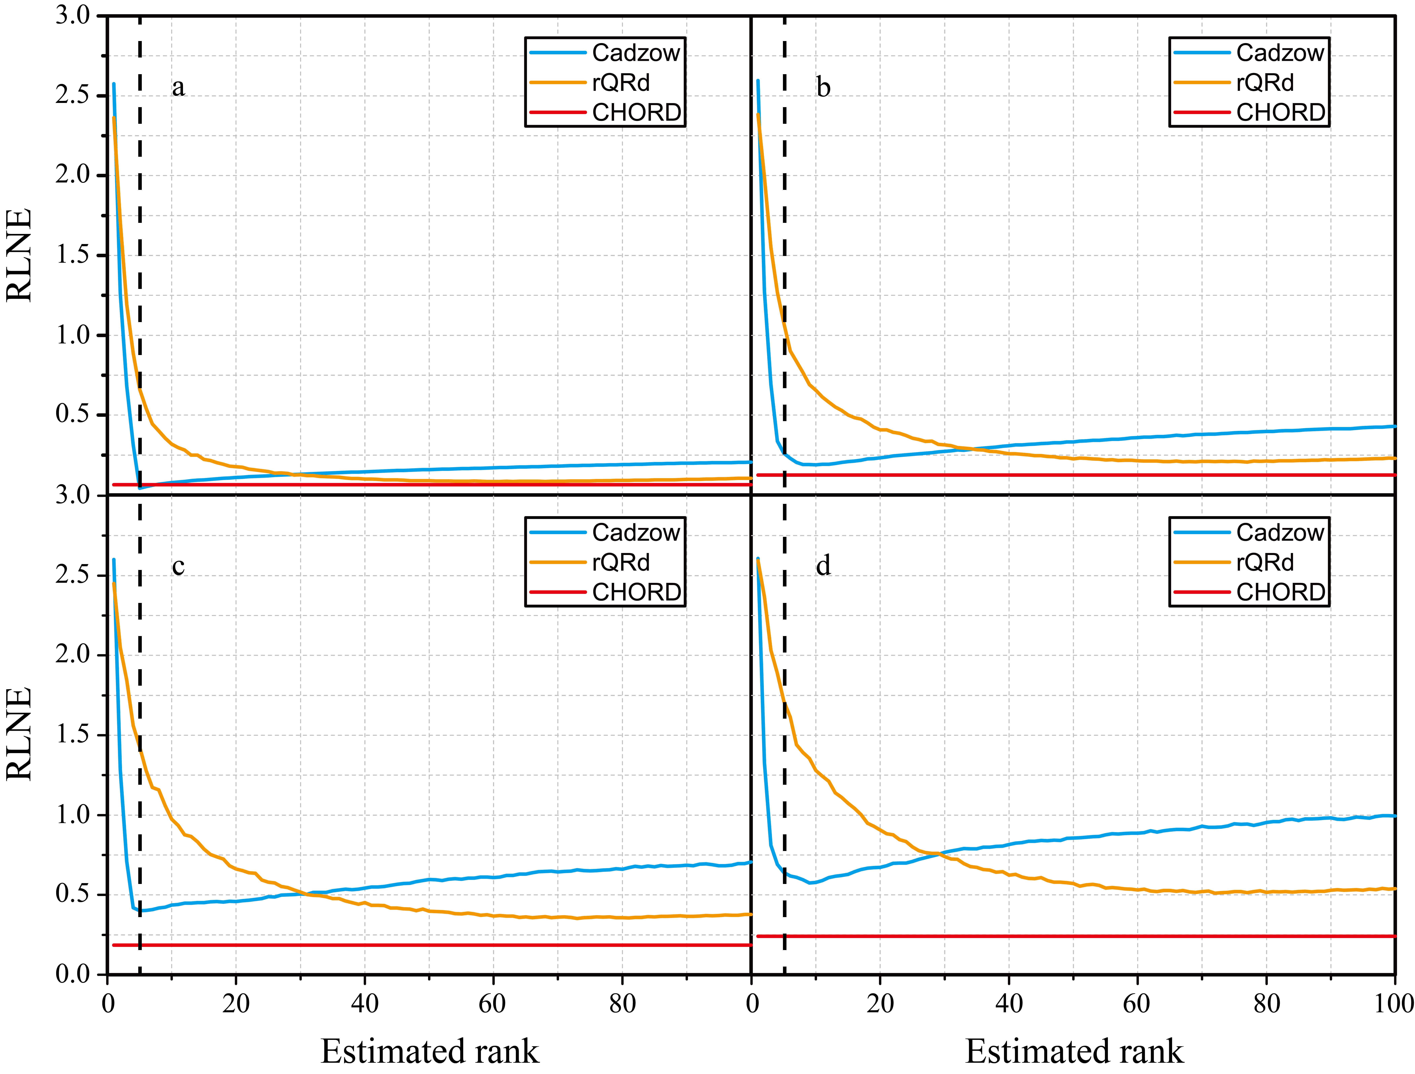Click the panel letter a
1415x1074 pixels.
pos(178,87)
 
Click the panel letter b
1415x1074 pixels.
pos(823,87)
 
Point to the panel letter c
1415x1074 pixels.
pos(178,566)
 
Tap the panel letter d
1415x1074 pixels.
pos(823,566)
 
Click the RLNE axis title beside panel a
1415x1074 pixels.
pos(19,255)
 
